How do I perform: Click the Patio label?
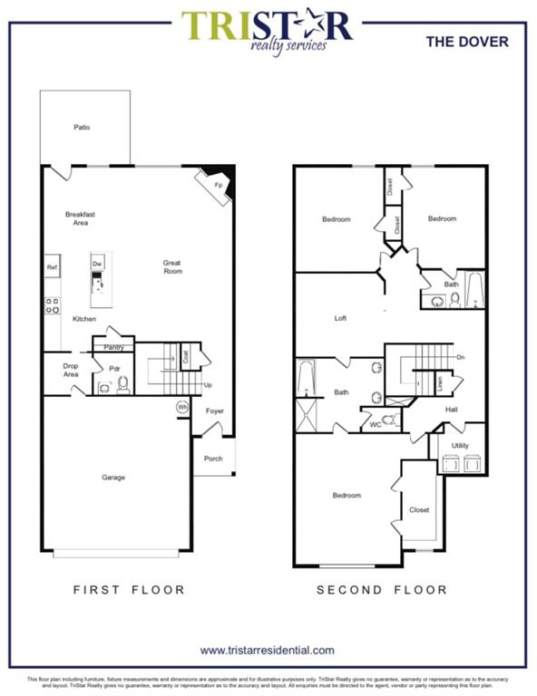(82, 128)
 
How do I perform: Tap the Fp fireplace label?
(218, 185)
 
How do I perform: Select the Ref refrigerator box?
(53, 268)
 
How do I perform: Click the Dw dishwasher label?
(97, 264)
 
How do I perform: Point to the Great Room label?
(172, 267)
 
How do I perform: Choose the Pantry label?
(113, 347)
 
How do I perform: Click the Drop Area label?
(71, 370)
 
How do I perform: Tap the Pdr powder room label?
(115, 369)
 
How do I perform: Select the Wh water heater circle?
(182, 408)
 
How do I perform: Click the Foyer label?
(213, 411)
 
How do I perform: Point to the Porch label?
(213, 459)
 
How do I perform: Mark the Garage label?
(113, 478)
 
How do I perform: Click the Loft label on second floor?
(340, 318)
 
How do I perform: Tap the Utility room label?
(460, 447)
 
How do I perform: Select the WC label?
(374, 424)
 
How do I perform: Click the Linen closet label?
(441, 385)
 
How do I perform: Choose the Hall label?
(451, 410)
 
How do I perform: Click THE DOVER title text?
(467, 42)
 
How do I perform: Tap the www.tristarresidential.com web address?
(268, 650)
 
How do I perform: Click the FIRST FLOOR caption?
(129, 590)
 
